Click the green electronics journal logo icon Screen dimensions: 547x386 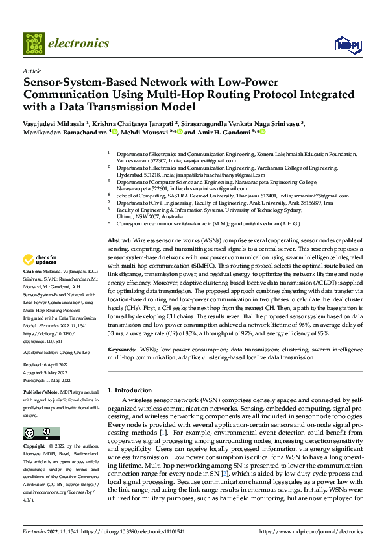[x=33, y=44]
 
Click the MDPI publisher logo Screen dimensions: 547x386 [x=345, y=44]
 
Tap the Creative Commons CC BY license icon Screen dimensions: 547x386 [x=41, y=433]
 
